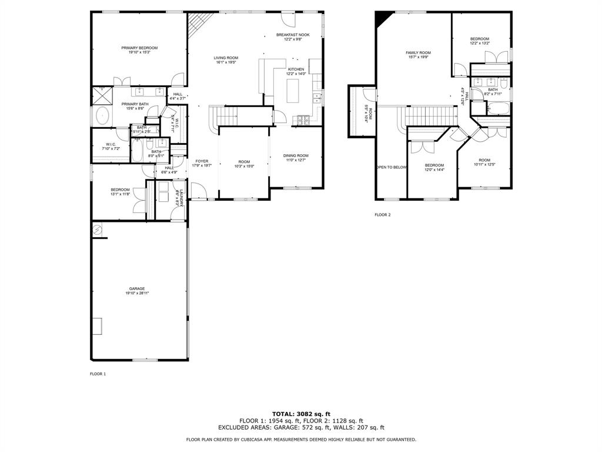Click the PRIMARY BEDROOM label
point(139,48)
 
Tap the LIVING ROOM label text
point(226,58)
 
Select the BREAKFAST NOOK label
point(293,35)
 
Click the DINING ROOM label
point(297,155)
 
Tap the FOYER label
point(202,161)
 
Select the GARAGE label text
point(137,289)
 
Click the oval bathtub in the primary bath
point(103,116)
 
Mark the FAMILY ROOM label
point(418,53)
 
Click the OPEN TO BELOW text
point(392,167)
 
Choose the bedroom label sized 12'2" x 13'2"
point(479,39)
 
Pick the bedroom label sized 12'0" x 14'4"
point(434,165)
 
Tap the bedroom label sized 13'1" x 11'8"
point(120,190)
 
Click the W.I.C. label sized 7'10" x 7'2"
point(111,145)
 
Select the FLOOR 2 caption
point(382,215)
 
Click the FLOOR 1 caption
point(98,374)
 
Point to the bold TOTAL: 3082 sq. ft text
point(301,414)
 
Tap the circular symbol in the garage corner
point(98,230)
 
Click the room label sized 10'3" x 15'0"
point(244,162)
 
